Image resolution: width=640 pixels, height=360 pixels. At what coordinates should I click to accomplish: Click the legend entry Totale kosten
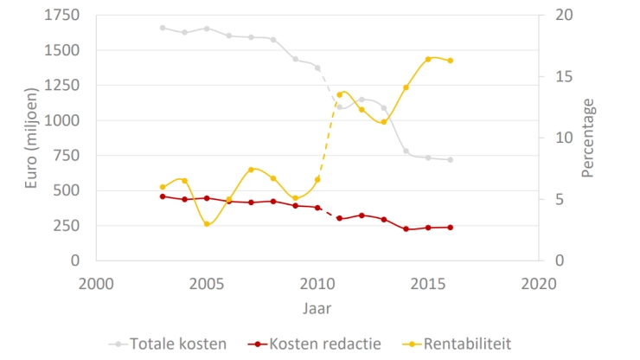click(x=177, y=344)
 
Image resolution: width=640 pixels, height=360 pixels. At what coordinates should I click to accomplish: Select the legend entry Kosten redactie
click(x=324, y=344)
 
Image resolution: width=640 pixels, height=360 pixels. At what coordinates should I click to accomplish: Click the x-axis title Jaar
click(x=316, y=307)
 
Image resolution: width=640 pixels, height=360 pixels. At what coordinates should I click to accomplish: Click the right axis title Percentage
click(x=588, y=138)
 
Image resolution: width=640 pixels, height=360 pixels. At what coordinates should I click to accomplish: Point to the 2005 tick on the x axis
click(x=206, y=282)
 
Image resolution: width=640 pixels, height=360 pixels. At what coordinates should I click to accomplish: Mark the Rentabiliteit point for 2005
click(x=207, y=224)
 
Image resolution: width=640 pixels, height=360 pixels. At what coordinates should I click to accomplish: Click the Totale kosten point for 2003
click(x=163, y=28)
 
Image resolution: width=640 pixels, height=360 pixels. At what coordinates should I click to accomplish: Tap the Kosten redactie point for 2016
click(x=451, y=228)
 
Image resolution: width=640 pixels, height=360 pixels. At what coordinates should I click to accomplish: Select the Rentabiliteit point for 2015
click(x=428, y=59)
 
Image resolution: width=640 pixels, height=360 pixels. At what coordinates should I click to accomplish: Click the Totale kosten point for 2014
click(x=406, y=151)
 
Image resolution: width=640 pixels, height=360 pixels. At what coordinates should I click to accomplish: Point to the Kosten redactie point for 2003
click(x=163, y=196)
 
